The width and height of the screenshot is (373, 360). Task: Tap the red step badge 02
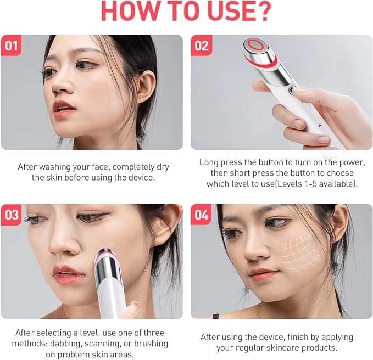click(202, 46)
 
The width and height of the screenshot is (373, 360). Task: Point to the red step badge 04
click(202, 215)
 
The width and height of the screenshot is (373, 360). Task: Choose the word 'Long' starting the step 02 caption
click(209, 162)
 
